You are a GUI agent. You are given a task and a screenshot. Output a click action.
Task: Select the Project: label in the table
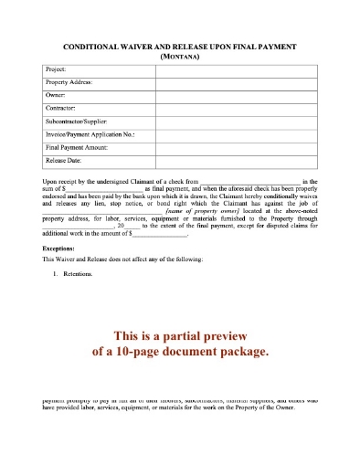click(x=58, y=69)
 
